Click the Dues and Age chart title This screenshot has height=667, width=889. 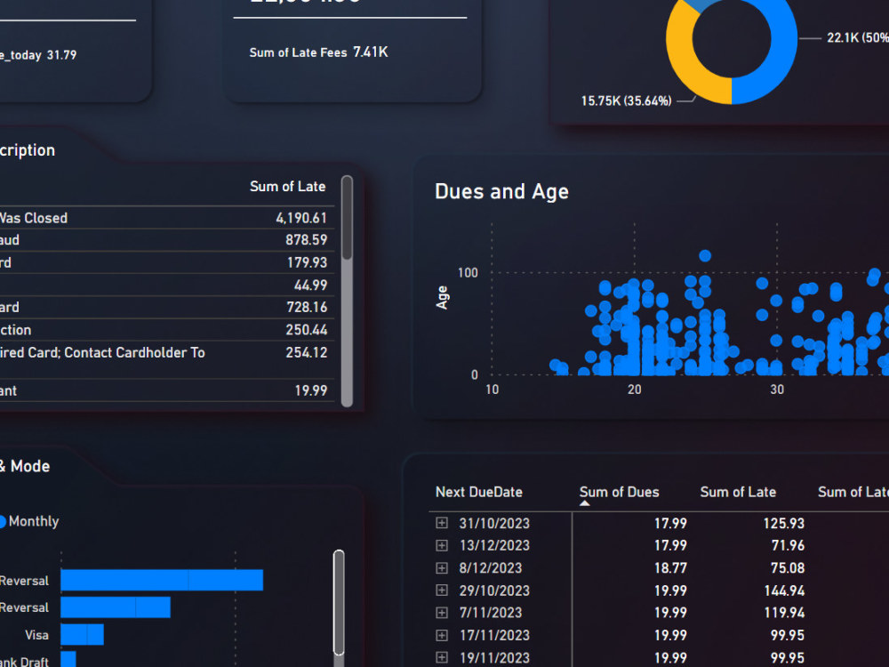pos(501,192)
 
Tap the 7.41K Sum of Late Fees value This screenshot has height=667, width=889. pos(371,52)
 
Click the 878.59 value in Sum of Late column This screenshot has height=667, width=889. pos(308,240)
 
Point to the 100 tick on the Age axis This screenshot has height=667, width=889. pos(468,272)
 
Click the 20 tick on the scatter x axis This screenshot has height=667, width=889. pos(634,390)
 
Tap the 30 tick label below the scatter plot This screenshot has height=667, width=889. pos(777,390)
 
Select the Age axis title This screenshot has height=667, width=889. pos(442,297)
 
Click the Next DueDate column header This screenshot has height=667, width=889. pos(478,492)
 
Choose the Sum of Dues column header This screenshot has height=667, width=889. pos(619,492)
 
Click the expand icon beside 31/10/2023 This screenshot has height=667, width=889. pos(442,523)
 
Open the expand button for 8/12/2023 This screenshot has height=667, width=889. pos(442,567)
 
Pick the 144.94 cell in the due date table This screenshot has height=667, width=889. pos(783,591)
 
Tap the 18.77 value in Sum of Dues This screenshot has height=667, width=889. pos(670,568)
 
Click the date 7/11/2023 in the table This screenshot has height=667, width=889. pos(493,613)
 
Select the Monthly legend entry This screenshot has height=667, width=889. pos(33,521)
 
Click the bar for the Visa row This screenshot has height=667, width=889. pos(82,635)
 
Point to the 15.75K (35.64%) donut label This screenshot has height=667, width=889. pos(626,101)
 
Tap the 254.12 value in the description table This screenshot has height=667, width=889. pos(308,353)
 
